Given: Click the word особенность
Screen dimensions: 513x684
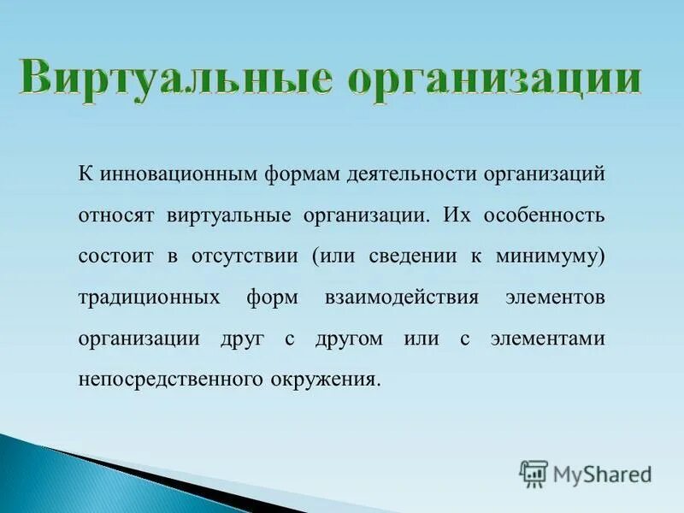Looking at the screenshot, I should click(545, 215).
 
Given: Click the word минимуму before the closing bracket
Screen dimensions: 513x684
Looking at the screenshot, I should click(552, 256).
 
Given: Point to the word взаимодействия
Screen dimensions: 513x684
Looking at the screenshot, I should click(401, 297).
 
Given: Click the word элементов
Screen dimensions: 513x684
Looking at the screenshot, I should click(555, 297).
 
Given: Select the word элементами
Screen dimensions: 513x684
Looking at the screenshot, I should click(547, 338).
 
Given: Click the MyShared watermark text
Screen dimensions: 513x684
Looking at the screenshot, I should click(602, 474).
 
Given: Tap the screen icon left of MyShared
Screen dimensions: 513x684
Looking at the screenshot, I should click(534, 473).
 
